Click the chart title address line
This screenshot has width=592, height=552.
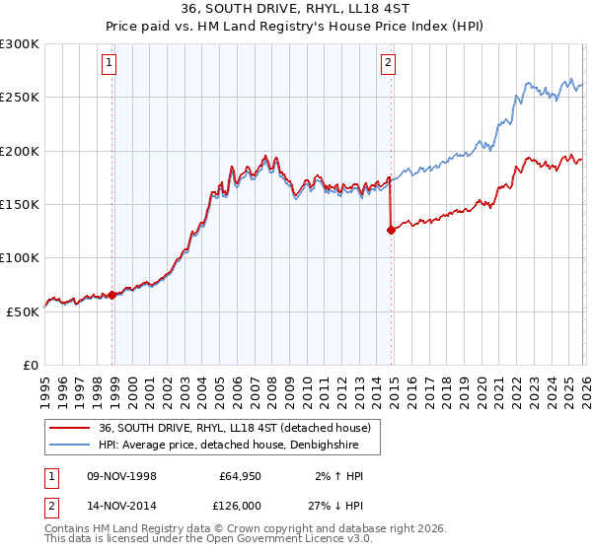pos(296,10)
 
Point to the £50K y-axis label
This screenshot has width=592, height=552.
pos(23,311)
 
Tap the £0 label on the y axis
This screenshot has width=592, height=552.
pos(31,365)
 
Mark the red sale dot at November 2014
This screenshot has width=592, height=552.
pos(391,231)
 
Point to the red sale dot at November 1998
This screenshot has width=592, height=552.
pos(112,295)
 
